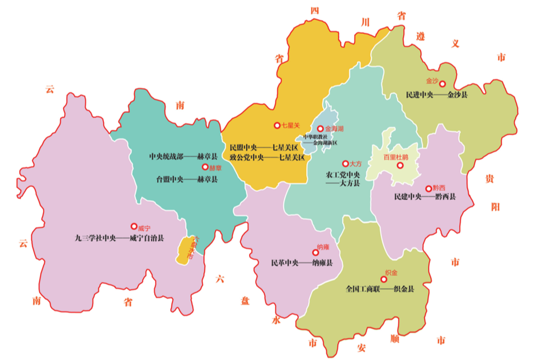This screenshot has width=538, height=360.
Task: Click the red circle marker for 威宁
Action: [x=134, y=227]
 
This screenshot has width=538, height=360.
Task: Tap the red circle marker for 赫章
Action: [x=205, y=167]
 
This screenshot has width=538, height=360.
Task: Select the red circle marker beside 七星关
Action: [x=277, y=125]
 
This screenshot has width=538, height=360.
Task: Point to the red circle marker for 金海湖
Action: [x=320, y=129]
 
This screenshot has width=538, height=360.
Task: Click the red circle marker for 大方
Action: [x=346, y=163]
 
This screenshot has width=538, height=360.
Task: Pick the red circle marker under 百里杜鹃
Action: [x=400, y=165]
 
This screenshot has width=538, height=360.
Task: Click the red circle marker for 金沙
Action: [x=443, y=83]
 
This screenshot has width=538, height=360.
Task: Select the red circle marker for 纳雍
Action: [x=315, y=253]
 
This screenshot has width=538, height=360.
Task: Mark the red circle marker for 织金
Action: [x=384, y=279]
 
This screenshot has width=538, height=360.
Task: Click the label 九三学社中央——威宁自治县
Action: [x=119, y=239]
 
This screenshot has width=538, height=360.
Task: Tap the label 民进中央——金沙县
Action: [x=437, y=95]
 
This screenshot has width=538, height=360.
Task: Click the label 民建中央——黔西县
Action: [x=424, y=197]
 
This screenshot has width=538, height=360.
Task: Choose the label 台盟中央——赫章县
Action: [x=187, y=179]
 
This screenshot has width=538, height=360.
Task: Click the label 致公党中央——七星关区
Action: [x=267, y=158]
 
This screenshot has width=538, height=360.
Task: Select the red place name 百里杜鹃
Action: [x=396, y=157]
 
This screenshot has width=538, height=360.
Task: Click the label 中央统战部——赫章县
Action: [x=183, y=156]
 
